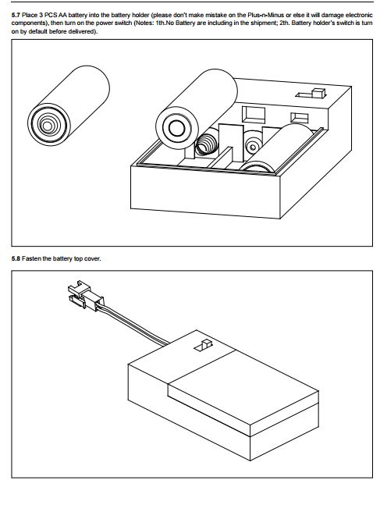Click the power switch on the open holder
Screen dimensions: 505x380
click(x=318, y=93)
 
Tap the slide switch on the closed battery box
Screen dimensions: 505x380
click(x=206, y=343)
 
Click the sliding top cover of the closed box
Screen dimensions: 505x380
click(x=242, y=390)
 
